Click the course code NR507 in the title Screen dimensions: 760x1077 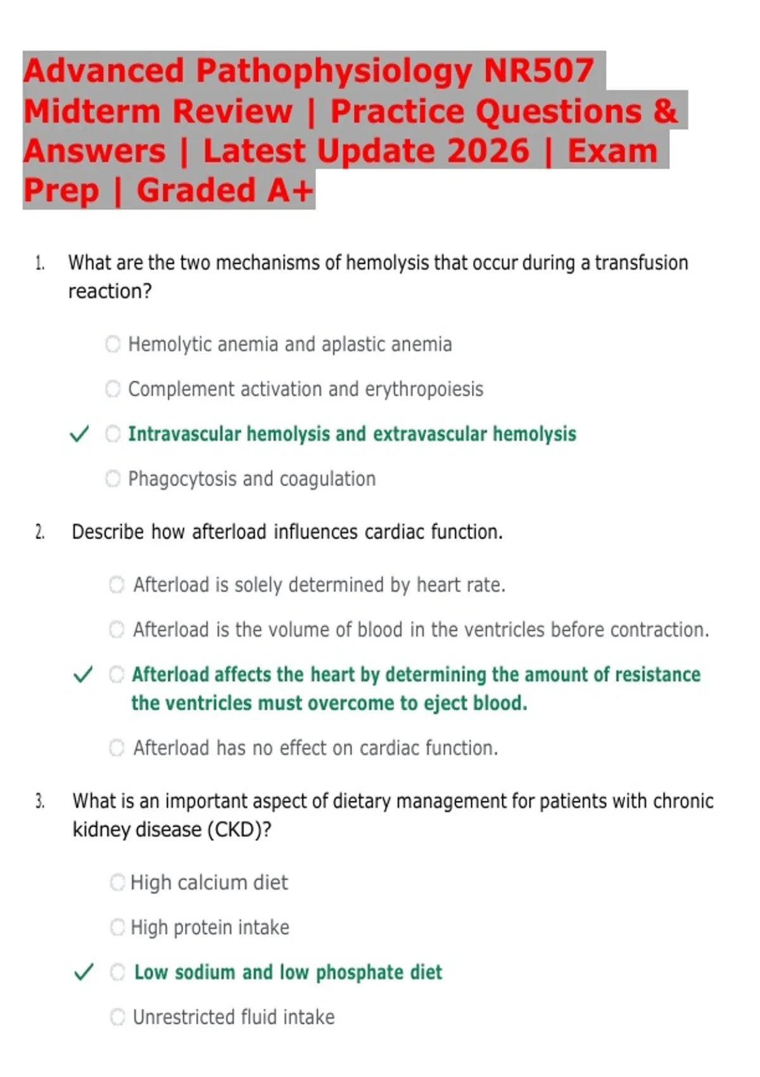[x=538, y=71]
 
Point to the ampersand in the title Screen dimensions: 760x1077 [x=665, y=111]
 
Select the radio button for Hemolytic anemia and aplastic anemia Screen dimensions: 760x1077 [x=113, y=344]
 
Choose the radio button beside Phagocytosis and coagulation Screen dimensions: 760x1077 [x=113, y=478]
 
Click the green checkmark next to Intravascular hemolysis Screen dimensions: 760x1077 [x=79, y=434]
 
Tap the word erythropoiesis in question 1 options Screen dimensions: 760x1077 [x=424, y=390]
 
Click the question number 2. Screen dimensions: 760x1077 [x=40, y=532]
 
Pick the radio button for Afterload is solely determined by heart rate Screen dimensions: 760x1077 [x=117, y=585]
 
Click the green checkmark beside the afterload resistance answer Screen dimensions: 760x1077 [x=83, y=675]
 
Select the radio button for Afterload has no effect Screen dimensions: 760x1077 [x=117, y=748]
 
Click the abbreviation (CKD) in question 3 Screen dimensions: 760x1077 [x=239, y=829]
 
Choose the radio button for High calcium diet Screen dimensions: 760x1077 [x=118, y=883]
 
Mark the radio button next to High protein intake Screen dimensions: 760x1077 [x=118, y=927]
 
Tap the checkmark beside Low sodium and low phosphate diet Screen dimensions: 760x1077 [x=84, y=972]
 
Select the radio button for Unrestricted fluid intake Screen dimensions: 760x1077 [x=118, y=1017]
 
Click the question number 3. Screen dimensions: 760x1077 [x=40, y=801]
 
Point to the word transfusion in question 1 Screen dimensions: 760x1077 [x=642, y=263]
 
